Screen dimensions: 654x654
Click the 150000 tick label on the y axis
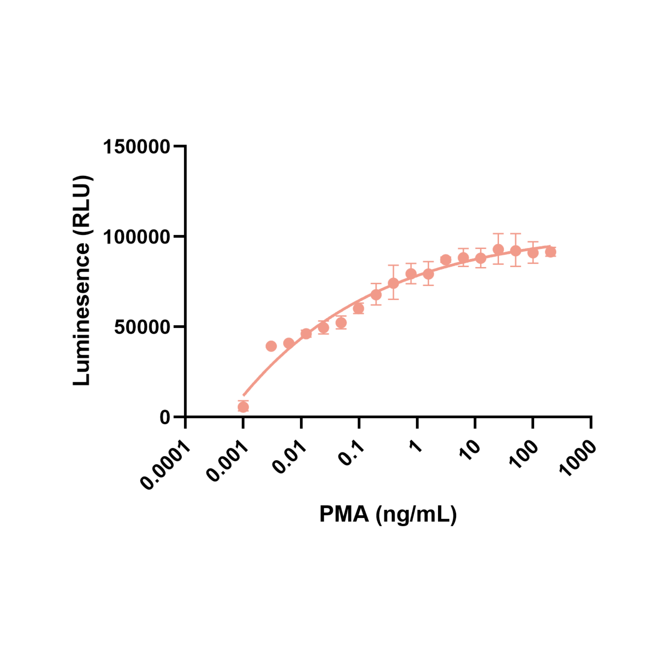[136, 147]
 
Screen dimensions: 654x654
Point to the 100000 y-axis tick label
[136, 237]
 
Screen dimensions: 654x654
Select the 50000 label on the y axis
[142, 327]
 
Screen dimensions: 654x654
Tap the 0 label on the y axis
[165, 418]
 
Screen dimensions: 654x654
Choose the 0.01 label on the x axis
[289, 456]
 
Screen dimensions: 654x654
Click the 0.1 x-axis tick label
[351, 452]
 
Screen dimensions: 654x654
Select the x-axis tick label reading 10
[470, 450]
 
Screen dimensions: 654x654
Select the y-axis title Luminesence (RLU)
[81, 281]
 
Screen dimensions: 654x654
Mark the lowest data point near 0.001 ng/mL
[243, 407]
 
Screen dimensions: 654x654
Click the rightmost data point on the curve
[551, 252]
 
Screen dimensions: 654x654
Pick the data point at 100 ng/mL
[533, 253]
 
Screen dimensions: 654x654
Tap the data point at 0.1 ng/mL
[359, 308]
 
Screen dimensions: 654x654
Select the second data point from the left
[271, 346]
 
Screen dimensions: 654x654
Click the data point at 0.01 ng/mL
[306, 334]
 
